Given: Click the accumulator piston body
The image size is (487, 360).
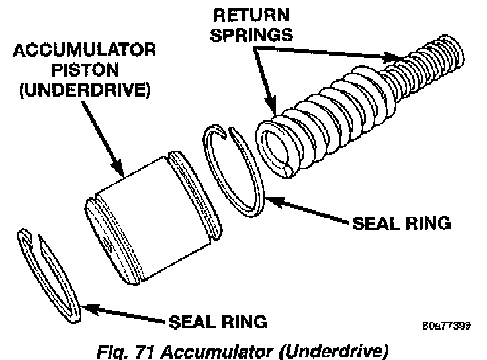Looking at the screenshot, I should click(x=149, y=215).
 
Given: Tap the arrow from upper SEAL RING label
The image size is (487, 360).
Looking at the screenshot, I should click(x=304, y=209).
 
